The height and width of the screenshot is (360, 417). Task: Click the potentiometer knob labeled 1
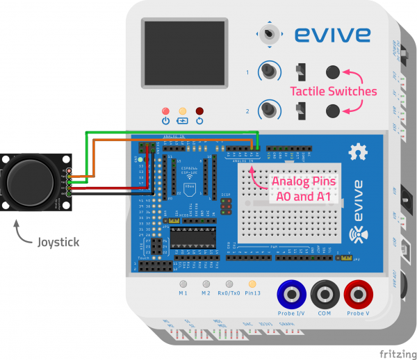pos(268,71)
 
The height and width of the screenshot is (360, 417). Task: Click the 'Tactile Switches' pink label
pos(333,91)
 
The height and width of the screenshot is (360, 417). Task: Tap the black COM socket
pos(325,295)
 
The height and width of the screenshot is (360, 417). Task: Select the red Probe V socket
pos(358,295)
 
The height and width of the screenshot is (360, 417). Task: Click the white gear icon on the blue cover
pos(359,151)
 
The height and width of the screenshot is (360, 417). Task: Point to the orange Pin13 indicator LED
pos(252,284)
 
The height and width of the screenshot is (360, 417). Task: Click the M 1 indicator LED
pos(183,284)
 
